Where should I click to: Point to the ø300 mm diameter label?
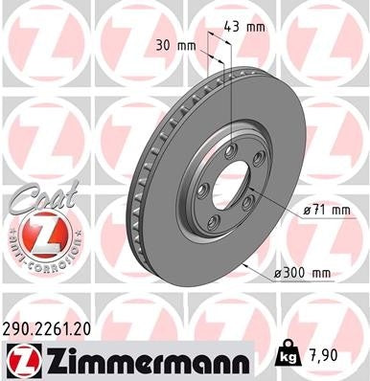pyautogui.click(x=302, y=274)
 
